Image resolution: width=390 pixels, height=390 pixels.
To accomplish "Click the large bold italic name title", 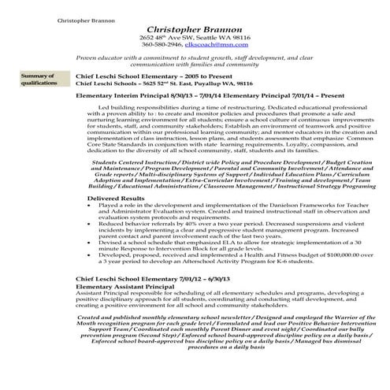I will tap(195, 27).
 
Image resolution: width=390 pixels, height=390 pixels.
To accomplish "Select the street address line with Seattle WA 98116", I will tap(195, 37).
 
